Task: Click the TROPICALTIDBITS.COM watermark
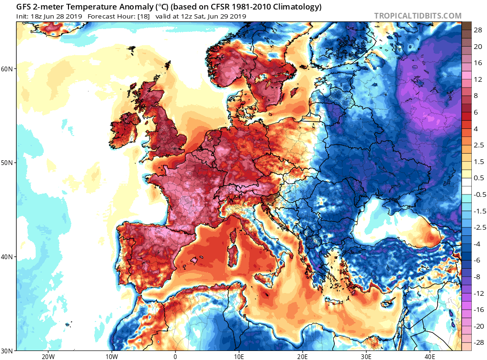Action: coord(418,16)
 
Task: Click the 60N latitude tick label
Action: coord(8,68)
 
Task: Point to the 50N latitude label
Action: coord(8,163)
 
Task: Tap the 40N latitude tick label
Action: coord(8,257)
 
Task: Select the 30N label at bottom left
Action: coord(8,350)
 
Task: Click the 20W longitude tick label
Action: coord(48,356)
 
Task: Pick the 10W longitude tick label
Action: coord(111,356)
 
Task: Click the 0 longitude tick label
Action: coord(175,356)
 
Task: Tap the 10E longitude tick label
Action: coord(239,356)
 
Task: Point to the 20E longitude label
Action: coord(302,356)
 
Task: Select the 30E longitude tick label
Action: coord(366,356)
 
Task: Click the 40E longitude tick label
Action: coord(430,356)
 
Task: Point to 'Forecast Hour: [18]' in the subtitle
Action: coord(124,16)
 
